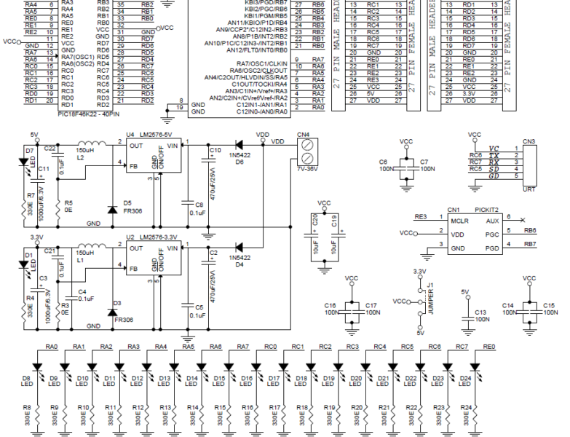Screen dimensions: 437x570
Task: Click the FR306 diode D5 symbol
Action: coord(111,210)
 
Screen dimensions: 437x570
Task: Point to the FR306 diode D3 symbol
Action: coord(111,312)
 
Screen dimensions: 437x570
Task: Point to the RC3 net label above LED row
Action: coord(353,347)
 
